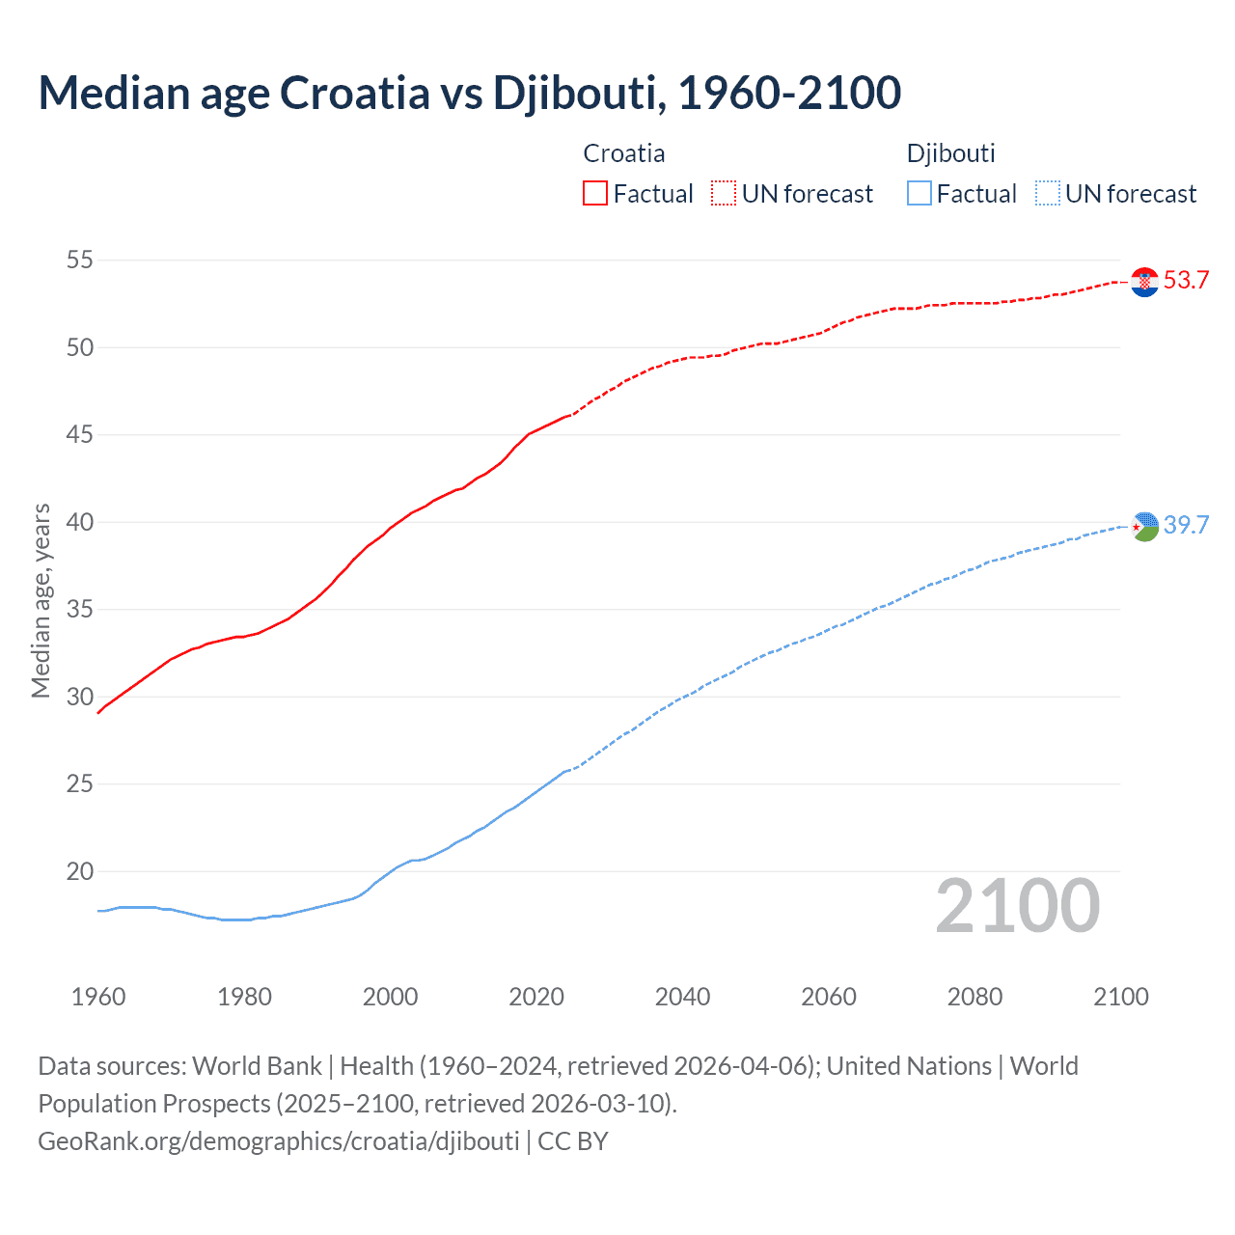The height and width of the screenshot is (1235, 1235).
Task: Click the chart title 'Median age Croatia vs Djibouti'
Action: pos(469,93)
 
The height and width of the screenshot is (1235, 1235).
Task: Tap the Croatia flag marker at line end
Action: pos(1144,282)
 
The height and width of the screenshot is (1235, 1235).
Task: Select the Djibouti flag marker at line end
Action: pos(1144,526)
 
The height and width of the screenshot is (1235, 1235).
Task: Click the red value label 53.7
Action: pos(1186,281)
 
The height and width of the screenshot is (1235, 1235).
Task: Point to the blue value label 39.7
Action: pos(1186,525)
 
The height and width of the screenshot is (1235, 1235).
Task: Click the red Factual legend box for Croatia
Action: pos(595,194)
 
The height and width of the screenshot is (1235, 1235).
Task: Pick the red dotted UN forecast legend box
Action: pos(724,194)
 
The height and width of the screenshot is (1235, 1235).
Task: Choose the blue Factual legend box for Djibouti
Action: pos(919,194)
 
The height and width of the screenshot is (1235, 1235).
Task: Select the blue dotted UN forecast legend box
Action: pos(1047,194)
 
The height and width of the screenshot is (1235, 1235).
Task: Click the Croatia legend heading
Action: pos(623,153)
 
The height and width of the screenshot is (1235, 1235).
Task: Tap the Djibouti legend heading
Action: pos(950,153)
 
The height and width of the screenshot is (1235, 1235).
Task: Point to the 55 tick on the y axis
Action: pos(80,260)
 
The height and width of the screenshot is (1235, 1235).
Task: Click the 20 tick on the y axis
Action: pos(80,871)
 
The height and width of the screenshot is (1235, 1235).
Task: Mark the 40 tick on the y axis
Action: pos(80,522)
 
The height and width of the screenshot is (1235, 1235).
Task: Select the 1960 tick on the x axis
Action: pos(98,997)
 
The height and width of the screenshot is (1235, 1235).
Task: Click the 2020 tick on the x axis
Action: pos(536,997)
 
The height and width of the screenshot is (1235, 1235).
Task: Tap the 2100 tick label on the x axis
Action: pos(1120,997)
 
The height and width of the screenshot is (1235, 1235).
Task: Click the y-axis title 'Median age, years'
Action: pos(41,600)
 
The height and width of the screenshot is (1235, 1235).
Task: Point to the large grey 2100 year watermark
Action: pos(1017,906)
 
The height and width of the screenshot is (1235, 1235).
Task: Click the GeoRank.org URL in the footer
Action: pos(279,1141)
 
